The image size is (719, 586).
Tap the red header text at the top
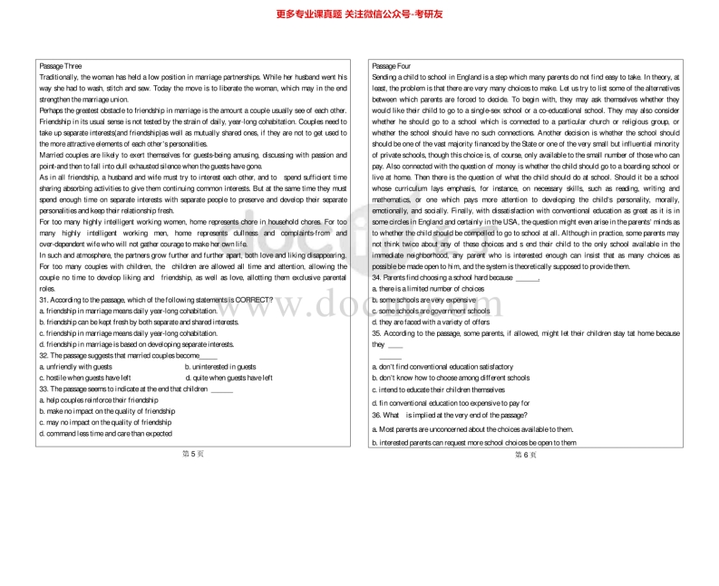[x=359, y=13]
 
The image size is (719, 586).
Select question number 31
[x=44, y=299]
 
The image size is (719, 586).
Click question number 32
[x=44, y=355]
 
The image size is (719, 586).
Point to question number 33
[x=44, y=389]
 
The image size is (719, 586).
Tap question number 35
[x=377, y=333]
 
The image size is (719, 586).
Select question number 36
[x=377, y=414]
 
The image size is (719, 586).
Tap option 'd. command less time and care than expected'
[x=106, y=433]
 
